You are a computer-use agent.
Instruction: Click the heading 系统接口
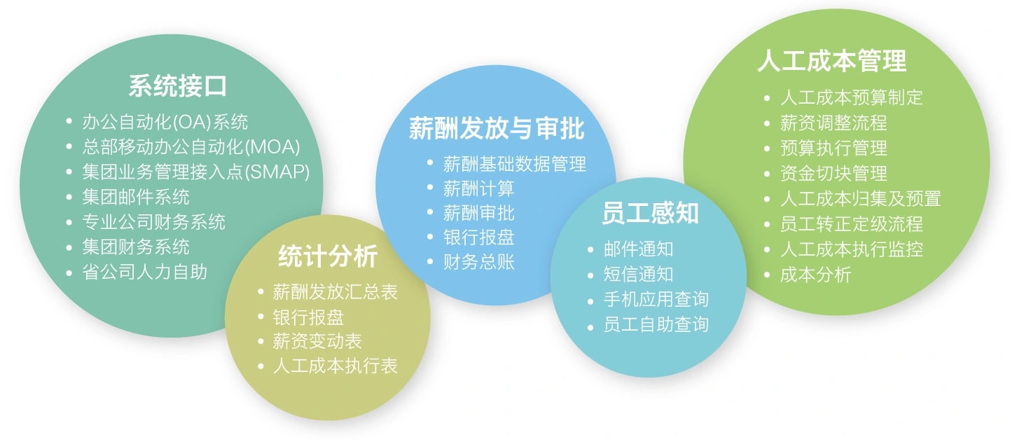coord(178,85)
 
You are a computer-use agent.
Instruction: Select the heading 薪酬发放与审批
coord(497,128)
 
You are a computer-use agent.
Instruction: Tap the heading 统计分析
coord(328,256)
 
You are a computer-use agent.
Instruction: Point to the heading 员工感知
coord(650,213)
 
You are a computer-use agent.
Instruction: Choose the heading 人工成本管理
coord(832,60)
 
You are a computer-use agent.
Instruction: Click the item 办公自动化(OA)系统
coord(165,122)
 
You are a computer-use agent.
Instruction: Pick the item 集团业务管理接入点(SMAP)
coord(195,172)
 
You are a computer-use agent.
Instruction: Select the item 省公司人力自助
coord(145,272)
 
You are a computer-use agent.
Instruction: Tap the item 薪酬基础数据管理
coord(515,164)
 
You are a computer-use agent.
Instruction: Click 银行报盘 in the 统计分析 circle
coord(308,317)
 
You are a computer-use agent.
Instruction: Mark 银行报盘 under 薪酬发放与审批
coord(479,237)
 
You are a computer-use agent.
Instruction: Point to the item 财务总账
coord(479,261)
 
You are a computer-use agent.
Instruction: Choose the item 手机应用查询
coord(656,299)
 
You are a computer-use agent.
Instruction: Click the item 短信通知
coord(639,274)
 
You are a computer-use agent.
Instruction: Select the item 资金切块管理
coord(833,173)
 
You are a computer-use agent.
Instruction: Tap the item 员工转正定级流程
coord(851,223)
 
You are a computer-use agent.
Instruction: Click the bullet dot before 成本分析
coord(767,274)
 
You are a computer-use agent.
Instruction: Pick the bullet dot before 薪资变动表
coord(260,341)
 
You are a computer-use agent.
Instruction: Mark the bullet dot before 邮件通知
coord(590,249)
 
